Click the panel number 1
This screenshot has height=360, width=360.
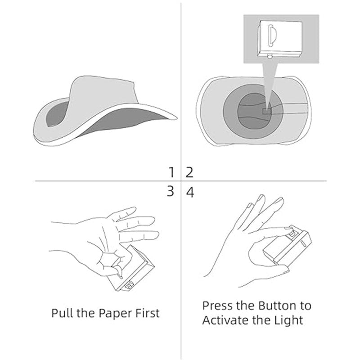tap(171, 172)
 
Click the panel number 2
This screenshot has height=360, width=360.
tap(189, 172)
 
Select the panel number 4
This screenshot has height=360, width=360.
tap(190, 193)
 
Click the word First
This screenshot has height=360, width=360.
tap(148, 313)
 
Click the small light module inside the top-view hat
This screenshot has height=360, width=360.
tap(267, 111)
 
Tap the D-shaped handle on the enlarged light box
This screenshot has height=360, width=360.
tap(272, 35)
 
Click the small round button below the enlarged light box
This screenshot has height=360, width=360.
tap(270, 56)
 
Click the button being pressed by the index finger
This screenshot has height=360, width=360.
tap(292, 234)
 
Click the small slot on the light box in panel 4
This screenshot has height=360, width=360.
tap(302, 243)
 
